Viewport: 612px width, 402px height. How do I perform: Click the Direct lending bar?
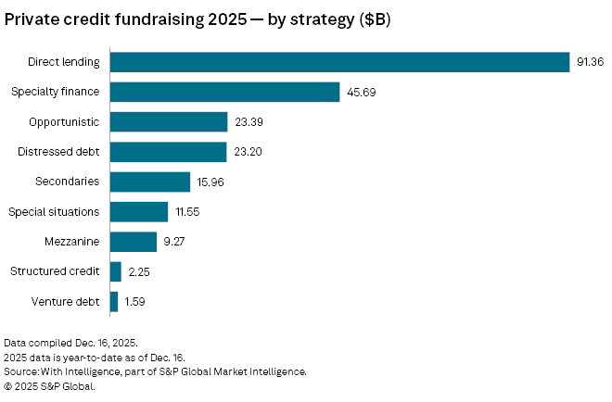(339, 62)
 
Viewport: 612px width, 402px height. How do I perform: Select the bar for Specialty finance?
(225, 92)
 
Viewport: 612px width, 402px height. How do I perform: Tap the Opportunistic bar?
(169, 122)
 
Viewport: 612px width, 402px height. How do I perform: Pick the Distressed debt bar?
(168, 152)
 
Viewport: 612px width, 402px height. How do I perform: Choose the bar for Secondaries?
(150, 182)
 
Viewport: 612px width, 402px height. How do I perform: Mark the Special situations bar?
(139, 212)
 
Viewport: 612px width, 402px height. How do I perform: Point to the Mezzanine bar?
(134, 242)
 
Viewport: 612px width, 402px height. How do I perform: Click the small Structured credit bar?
(116, 271)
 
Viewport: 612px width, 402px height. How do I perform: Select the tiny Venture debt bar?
(114, 302)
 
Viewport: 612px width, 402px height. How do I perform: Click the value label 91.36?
(590, 62)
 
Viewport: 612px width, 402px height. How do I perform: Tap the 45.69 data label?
(361, 93)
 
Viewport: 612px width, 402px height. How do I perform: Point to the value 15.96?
(211, 182)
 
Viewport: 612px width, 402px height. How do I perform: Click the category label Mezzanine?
(71, 242)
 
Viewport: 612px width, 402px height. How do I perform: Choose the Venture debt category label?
(68, 302)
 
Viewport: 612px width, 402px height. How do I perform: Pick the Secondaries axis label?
(67, 182)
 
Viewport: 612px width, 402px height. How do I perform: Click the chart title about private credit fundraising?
(198, 20)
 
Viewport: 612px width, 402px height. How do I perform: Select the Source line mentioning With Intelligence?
(155, 371)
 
